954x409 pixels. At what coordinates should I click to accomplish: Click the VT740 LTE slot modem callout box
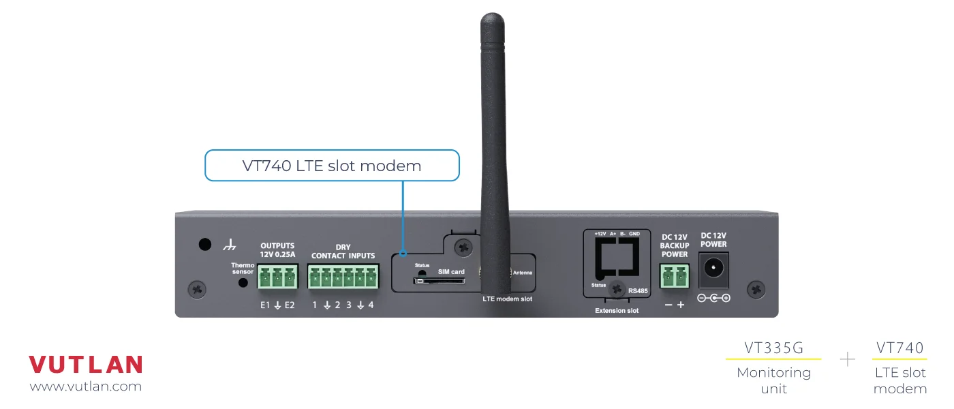point(332,166)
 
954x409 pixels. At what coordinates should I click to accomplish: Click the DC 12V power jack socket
point(714,269)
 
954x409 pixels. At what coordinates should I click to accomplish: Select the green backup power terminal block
point(674,277)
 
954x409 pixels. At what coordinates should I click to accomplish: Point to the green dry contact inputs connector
point(343,277)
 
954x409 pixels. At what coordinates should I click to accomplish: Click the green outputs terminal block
point(278,277)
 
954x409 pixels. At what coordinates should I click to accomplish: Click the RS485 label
point(638,290)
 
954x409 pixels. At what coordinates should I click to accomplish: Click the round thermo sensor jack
point(242,282)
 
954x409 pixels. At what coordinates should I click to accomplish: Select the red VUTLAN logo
point(86,365)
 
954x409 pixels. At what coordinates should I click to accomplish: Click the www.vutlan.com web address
point(86,387)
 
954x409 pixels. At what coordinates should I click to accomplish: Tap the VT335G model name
point(773,348)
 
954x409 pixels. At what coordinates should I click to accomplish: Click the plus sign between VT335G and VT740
point(847,359)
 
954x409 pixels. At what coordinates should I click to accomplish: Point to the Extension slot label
point(617,311)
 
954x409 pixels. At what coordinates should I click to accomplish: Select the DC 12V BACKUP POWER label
point(674,245)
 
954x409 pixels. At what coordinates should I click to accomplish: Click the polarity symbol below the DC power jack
point(713,299)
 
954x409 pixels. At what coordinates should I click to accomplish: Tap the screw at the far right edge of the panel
point(756,288)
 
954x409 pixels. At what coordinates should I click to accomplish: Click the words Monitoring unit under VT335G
point(773,380)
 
